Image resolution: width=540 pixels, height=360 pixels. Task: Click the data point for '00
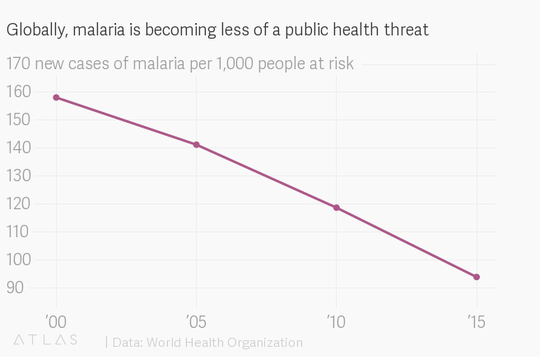[x=56, y=97]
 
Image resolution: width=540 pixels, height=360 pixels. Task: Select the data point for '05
[x=196, y=145]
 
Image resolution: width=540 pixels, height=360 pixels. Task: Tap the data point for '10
[x=337, y=208]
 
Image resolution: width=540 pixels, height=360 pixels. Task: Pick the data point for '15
[x=477, y=277]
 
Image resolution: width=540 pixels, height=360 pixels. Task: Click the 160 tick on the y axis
[x=18, y=91]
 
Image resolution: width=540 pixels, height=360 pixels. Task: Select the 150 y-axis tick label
[x=18, y=119]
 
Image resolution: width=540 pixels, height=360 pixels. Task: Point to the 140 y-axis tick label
[x=18, y=147]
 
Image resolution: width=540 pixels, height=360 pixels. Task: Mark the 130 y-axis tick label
[x=18, y=175]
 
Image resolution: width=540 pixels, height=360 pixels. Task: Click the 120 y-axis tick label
[x=18, y=203]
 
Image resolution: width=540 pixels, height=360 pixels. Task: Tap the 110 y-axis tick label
[x=18, y=231]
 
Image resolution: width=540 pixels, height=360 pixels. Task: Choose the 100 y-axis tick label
[x=18, y=259]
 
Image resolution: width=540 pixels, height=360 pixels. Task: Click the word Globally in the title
[x=35, y=30]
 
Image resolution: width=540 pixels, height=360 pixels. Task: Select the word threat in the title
[x=406, y=30]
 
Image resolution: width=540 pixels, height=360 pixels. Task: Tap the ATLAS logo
[x=45, y=340]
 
